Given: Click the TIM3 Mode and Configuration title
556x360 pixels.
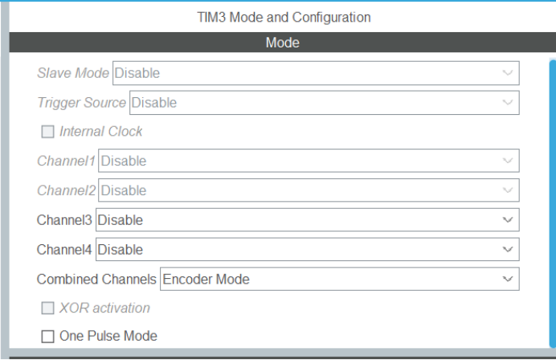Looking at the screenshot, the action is point(284,16).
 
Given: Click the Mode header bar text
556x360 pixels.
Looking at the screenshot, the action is point(282,43).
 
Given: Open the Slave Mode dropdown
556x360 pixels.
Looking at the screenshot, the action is point(315,73).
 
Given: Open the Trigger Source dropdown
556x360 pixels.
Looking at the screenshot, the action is point(323,103).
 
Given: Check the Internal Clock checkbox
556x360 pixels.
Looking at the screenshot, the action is point(48,132).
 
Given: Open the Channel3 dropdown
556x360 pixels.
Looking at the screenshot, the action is point(307,220).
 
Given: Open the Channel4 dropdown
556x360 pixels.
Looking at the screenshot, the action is point(307,250).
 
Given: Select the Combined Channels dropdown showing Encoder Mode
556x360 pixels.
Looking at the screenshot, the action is point(339,280).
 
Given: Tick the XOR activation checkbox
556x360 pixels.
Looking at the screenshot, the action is point(48,308).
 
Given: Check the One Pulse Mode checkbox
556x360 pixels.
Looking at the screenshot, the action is point(48,336).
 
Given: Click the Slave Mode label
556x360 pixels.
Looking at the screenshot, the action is point(73,73).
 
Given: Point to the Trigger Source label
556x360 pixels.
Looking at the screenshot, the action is point(81,103).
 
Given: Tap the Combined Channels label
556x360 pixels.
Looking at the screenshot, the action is point(96,280).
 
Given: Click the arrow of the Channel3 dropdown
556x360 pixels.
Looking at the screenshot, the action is point(507,220).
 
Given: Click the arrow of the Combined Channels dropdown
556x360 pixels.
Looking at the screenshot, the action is point(507,280).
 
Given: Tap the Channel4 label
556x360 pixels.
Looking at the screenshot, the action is point(65,250).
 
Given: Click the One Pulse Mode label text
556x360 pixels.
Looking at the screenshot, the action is point(108,336).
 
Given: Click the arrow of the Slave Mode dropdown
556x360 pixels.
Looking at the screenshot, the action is point(507,73).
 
